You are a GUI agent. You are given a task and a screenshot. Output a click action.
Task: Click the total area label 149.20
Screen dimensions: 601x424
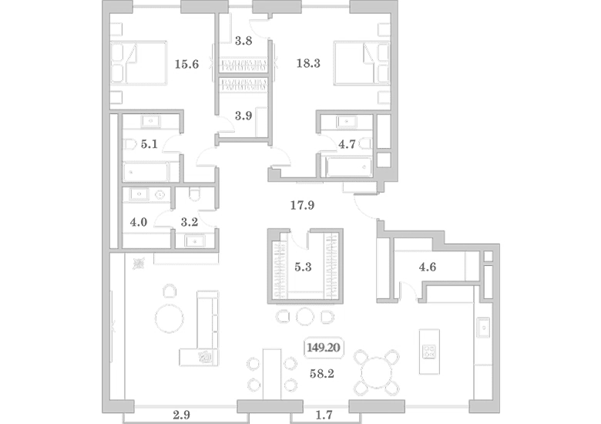[324, 348]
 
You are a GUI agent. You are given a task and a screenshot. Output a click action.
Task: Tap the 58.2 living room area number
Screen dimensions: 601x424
[321, 373]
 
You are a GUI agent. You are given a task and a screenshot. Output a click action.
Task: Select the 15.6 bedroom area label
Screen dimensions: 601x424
[186, 64]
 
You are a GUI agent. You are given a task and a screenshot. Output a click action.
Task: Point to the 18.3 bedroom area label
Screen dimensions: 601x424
[308, 63]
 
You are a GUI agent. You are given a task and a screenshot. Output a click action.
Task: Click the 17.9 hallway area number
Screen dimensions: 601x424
[302, 206]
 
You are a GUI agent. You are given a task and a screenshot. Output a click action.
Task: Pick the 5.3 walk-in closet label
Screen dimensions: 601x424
[303, 267]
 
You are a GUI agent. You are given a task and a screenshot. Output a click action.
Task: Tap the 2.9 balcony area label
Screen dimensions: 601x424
[181, 415]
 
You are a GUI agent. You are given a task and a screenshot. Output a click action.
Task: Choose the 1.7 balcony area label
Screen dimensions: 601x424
[324, 415]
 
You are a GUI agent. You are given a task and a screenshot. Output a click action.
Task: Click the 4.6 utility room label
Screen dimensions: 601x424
[428, 267]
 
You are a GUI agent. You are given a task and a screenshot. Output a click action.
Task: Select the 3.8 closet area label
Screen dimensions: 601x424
[243, 41]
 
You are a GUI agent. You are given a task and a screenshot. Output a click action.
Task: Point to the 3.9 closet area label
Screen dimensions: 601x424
[243, 116]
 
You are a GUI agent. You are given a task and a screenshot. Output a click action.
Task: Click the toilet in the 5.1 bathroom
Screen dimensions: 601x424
[129, 144]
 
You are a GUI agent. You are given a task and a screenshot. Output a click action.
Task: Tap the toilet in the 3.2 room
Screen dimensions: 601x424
[195, 194]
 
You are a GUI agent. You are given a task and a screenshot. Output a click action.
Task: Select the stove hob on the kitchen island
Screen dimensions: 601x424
[429, 352]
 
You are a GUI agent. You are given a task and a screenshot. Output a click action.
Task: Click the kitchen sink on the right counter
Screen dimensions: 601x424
[483, 328]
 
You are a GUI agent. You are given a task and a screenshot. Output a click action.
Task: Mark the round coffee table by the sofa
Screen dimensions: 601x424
[169, 318]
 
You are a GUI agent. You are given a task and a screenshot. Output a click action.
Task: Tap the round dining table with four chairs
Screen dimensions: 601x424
[377, 372]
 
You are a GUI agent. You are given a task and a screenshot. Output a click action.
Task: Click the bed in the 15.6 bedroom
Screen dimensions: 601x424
[139, 63]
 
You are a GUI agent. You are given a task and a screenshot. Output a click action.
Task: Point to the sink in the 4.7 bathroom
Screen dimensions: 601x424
[347, 122]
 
